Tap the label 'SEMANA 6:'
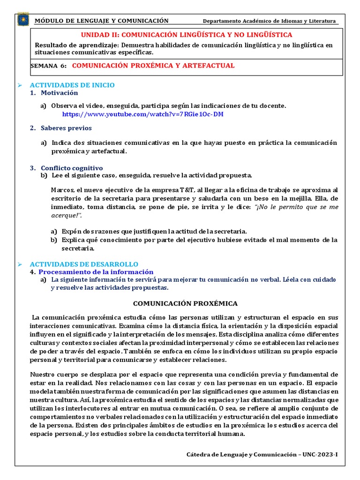[49, 66]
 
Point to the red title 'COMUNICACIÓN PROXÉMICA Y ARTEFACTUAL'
[153, 66]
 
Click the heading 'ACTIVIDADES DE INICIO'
[72, 85]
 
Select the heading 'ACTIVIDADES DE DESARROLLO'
[84, 264]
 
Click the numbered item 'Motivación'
[59, 93]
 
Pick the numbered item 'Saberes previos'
[66, 128]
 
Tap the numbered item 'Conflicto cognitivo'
[72, 168]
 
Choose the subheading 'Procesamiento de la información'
[96, 271]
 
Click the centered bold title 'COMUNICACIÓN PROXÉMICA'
[186, 303]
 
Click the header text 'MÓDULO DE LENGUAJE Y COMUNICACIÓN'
[102, 21]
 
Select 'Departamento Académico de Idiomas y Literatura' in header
[269, 21]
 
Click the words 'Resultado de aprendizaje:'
[77, 45]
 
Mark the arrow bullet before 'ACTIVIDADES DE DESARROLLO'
[20, 264]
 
